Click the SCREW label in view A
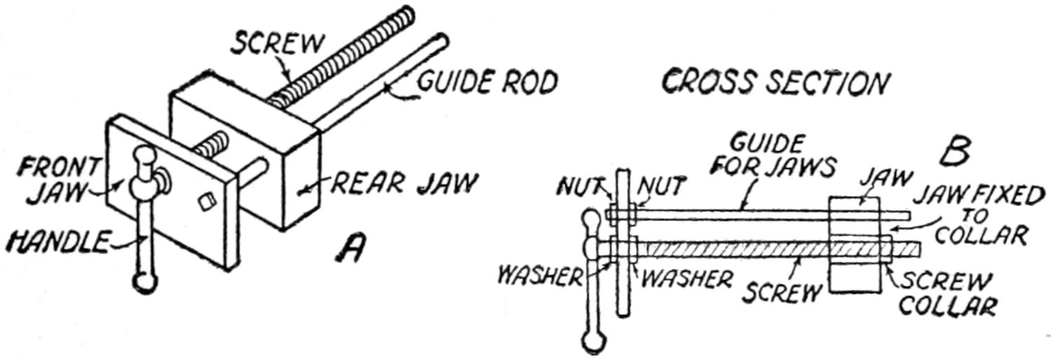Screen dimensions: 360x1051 [278, 44]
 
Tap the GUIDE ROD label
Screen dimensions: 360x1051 [488, 82]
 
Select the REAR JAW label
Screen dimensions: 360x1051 [404, 184]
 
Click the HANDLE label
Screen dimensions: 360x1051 [57, 242]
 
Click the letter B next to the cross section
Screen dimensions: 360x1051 [954, 152]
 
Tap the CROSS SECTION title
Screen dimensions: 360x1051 [775, 82]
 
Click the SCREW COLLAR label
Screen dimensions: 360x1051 [946, 294]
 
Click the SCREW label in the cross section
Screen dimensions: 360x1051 [781, 289]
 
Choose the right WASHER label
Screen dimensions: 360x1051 [687, 279]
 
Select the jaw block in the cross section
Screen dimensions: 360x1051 [854, 244]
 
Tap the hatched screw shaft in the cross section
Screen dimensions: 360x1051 [736, 249]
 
